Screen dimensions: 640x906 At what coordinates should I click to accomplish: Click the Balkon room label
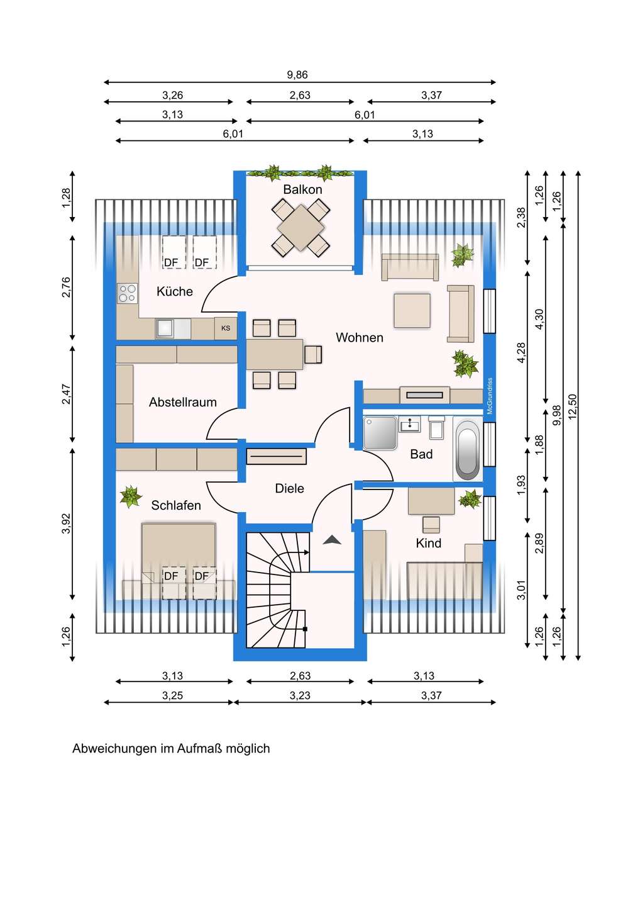(302, 189)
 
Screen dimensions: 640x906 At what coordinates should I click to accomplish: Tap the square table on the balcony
(301, 227)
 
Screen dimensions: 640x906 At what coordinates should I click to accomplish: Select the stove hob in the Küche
(127, 293)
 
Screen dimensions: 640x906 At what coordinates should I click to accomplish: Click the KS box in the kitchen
(226, 328)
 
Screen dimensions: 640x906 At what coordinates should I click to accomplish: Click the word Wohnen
(359, 337)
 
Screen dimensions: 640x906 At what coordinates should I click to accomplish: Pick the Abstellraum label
(182, 402)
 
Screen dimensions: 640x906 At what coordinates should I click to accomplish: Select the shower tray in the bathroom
(380, 433)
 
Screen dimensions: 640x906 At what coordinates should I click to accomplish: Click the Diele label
(289, 488)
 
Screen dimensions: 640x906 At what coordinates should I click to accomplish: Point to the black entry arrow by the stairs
(332, 540)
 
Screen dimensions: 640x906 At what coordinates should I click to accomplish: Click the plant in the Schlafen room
(131, 496)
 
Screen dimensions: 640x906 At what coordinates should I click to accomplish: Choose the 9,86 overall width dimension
(297, 75)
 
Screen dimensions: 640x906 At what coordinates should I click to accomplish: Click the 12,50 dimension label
(573, 406)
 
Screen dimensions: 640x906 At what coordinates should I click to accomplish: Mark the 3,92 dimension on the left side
(66, 523)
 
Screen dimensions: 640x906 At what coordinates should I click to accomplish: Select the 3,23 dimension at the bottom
(300, 695)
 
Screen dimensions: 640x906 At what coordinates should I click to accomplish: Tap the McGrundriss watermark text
(490, 396)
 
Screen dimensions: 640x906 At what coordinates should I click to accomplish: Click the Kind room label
(428, 543)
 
